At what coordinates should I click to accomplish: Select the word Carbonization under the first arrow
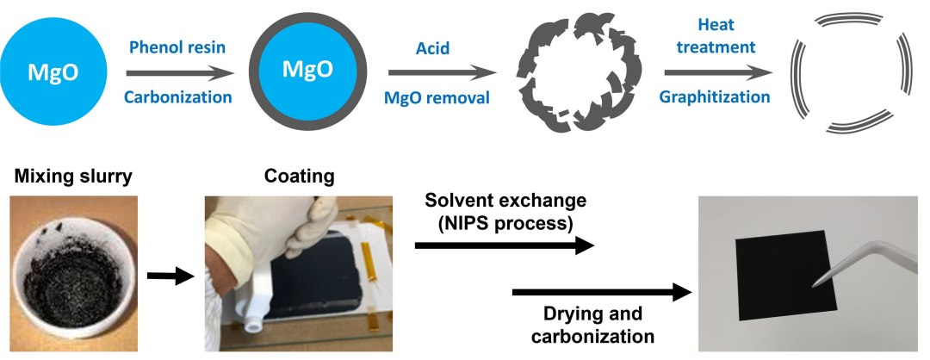click(177, 96)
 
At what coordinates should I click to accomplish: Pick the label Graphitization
click(714, 96)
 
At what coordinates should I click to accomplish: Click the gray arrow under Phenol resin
click(178, 72)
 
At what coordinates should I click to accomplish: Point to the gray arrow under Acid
click(437, 72)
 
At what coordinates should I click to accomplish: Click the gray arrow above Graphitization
click(714, 72)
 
